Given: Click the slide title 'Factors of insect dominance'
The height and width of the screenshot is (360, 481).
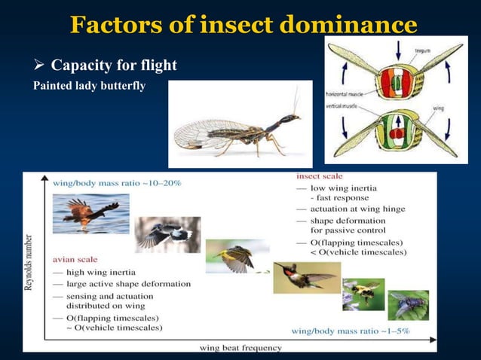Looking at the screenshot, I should pos(243,24).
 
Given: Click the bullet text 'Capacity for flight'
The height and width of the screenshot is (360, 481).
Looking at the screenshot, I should pos(124,66).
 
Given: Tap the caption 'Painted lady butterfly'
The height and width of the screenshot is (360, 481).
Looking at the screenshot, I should pos(89,85).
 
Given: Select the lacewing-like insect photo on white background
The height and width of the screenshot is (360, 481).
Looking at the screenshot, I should pos(240,124).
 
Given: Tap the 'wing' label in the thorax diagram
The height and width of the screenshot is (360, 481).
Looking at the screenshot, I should pos(437,108).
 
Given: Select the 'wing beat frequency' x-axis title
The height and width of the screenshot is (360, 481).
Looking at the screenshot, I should pos(240,347).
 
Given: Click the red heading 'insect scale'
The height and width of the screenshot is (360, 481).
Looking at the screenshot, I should pos(320,176).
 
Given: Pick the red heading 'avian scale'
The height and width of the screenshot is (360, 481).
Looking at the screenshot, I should pos(75,260).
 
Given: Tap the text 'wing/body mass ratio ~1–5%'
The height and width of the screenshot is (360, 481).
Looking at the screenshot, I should pos(351,331).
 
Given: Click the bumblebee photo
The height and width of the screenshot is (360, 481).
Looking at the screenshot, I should pos(363,294).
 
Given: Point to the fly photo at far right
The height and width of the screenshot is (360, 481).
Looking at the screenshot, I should pos(408,305).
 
